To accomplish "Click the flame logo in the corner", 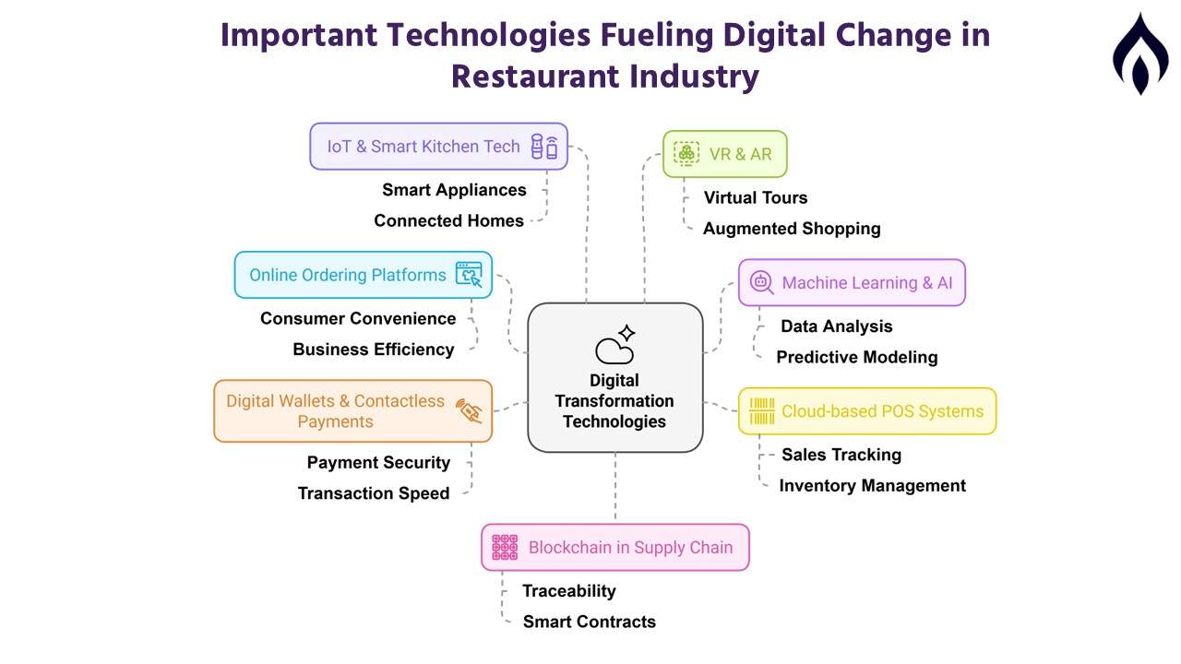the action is coord(1140,53).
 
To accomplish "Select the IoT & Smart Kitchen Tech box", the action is coord(438,147).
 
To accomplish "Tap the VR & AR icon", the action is coord(686,154).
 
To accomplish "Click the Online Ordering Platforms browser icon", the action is coord(469,275).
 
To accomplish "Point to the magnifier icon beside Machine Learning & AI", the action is coord(762,282).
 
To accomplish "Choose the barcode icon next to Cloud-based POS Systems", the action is coord(762,411).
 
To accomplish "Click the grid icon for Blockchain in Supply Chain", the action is coord(505,547).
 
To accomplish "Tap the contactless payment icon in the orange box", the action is coord(469,411).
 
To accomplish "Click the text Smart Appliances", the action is coord(454,190).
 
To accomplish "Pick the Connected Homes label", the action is coord(448,220).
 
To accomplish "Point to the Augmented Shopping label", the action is coord(792,229).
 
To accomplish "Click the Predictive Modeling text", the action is coord(857,357).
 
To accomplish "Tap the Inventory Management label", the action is coord(873,486).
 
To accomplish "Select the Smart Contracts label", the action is coord(590,622).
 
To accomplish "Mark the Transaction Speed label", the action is coord(374,493).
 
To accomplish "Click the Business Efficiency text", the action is coord(374,350).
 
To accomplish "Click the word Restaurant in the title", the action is coord(535,77).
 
